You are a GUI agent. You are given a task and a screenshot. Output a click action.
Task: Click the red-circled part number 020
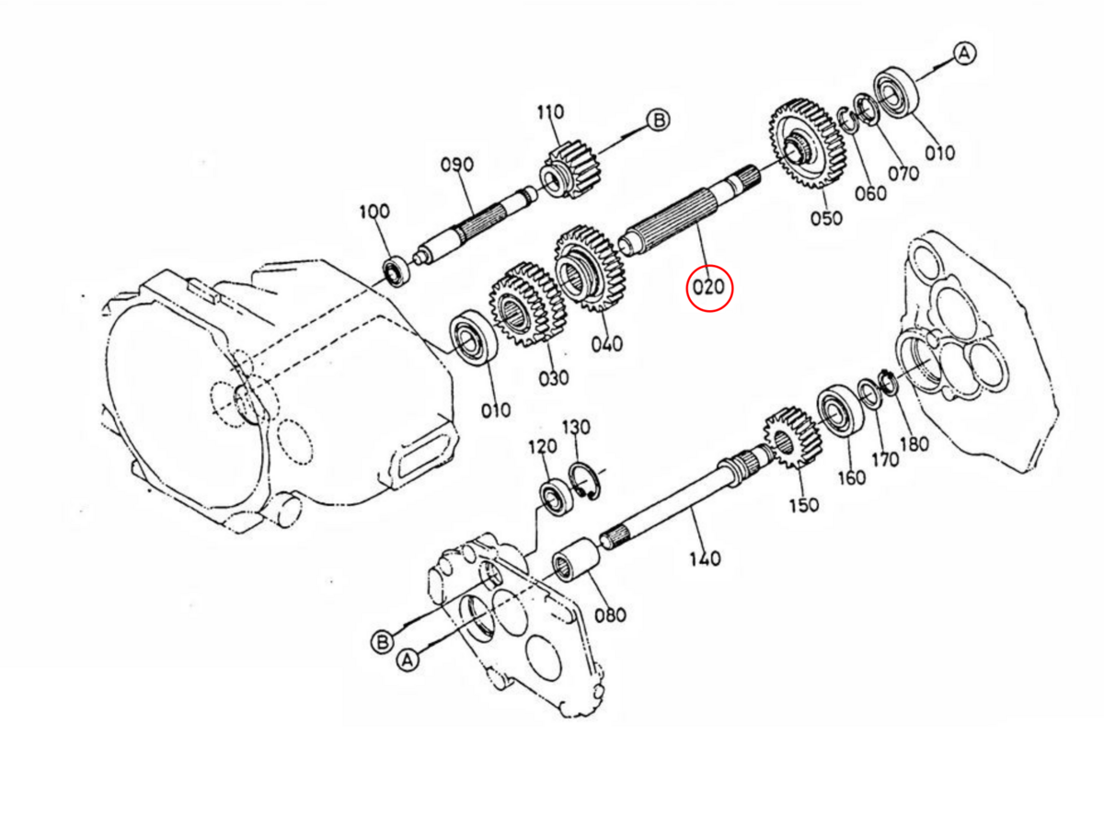[x=709, y=287]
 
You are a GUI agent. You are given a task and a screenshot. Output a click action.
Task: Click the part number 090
[x=456, y=165]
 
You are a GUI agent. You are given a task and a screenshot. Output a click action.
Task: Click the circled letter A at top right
[x=963, y=53]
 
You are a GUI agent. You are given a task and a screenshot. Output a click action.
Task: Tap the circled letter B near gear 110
[x=658, y=120]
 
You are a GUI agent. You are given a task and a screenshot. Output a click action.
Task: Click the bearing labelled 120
[x=557, y=496]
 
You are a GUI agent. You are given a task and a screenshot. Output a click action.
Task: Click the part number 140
[x=705, y=558]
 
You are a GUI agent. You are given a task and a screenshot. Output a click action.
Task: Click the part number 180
[x=914, y=444]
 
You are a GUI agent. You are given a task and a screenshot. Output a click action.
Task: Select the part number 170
[x=885, y=459]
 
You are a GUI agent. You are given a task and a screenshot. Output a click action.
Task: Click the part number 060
[x=870, y=192]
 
